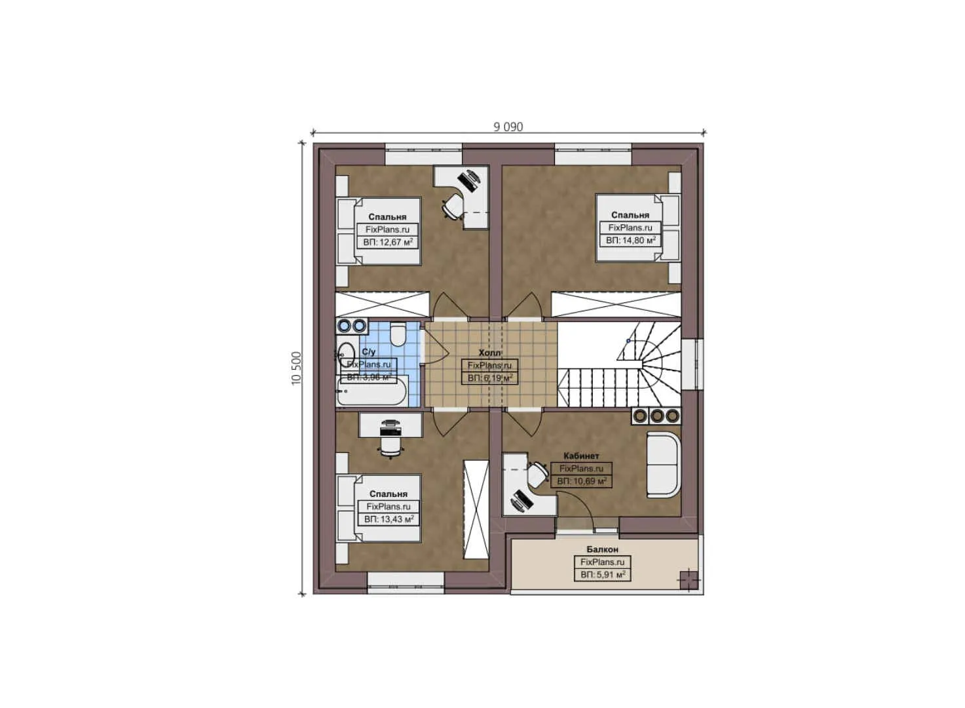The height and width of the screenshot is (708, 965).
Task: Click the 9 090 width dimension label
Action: coord(508,127)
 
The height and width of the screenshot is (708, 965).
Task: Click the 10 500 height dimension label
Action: coord(297,368)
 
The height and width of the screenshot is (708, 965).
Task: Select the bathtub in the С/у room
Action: coord(372,393)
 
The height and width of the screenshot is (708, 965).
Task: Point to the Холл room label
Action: coord(489,353)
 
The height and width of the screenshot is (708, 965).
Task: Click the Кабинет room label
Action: coord(581,456)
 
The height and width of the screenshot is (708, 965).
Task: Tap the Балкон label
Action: coord(602,549)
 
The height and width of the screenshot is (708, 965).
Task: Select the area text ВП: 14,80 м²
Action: coord(631,241)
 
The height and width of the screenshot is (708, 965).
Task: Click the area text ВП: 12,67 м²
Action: coord(388,243)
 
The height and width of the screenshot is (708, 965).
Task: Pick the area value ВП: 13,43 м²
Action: coord(388,519)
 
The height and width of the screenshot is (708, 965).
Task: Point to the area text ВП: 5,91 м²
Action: coord(603,575)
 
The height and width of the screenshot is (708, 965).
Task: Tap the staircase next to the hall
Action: coord(619,364)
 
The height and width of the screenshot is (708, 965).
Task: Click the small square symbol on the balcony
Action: coord(688,580)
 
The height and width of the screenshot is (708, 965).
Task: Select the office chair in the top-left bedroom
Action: coord(453,206)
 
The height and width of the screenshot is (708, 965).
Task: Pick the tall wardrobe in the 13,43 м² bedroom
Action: coord(476,509)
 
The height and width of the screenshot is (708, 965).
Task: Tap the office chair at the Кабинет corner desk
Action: coord(538,473)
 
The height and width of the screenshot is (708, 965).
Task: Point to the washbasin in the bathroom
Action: coord(346,353)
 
